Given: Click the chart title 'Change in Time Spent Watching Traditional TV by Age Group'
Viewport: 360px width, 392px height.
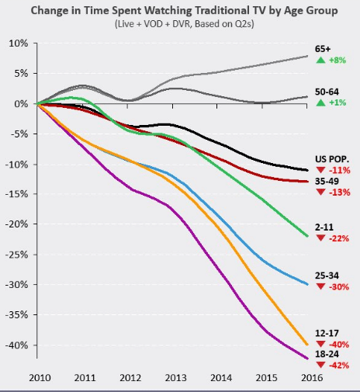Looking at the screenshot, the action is tap(185, 11).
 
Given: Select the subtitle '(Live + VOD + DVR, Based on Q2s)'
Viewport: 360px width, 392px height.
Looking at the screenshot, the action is tap(185, 24).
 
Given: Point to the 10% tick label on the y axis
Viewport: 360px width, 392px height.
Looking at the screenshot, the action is tap(18, 43).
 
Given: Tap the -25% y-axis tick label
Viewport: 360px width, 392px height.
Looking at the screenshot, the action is tap(16, 255).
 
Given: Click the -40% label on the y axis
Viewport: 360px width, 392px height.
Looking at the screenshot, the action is tap(16, 345).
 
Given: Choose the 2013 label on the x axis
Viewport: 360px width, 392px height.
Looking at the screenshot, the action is tap(176, 378).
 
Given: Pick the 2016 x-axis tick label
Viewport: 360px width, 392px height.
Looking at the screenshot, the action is tap(312, 378).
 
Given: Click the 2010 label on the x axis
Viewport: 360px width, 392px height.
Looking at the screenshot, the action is tap(40, 378).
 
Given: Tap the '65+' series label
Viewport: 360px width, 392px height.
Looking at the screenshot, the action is tap(323, 49).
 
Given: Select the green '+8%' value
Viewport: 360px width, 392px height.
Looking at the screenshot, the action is tap(337, 61).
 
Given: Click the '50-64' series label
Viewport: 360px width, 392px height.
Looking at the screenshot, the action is tap(327, 92).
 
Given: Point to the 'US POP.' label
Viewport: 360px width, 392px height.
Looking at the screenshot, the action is tap(332, 159).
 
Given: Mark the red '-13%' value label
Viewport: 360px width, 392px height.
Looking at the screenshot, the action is tap(340, 193).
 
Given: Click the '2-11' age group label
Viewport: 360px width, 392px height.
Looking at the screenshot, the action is tap(324, 227).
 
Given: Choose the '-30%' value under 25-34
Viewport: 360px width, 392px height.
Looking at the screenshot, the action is tap(339, 286).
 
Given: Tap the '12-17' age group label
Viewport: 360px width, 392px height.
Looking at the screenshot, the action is tap(327, 333).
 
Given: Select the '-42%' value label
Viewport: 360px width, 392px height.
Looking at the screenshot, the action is tap(339, 366).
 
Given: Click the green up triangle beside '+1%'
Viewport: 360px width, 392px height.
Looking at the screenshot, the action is tap(320, 102).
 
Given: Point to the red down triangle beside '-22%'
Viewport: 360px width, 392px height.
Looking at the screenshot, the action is tap(320, 238).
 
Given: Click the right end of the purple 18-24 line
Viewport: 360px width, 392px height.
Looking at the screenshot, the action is tap(308, 359).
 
